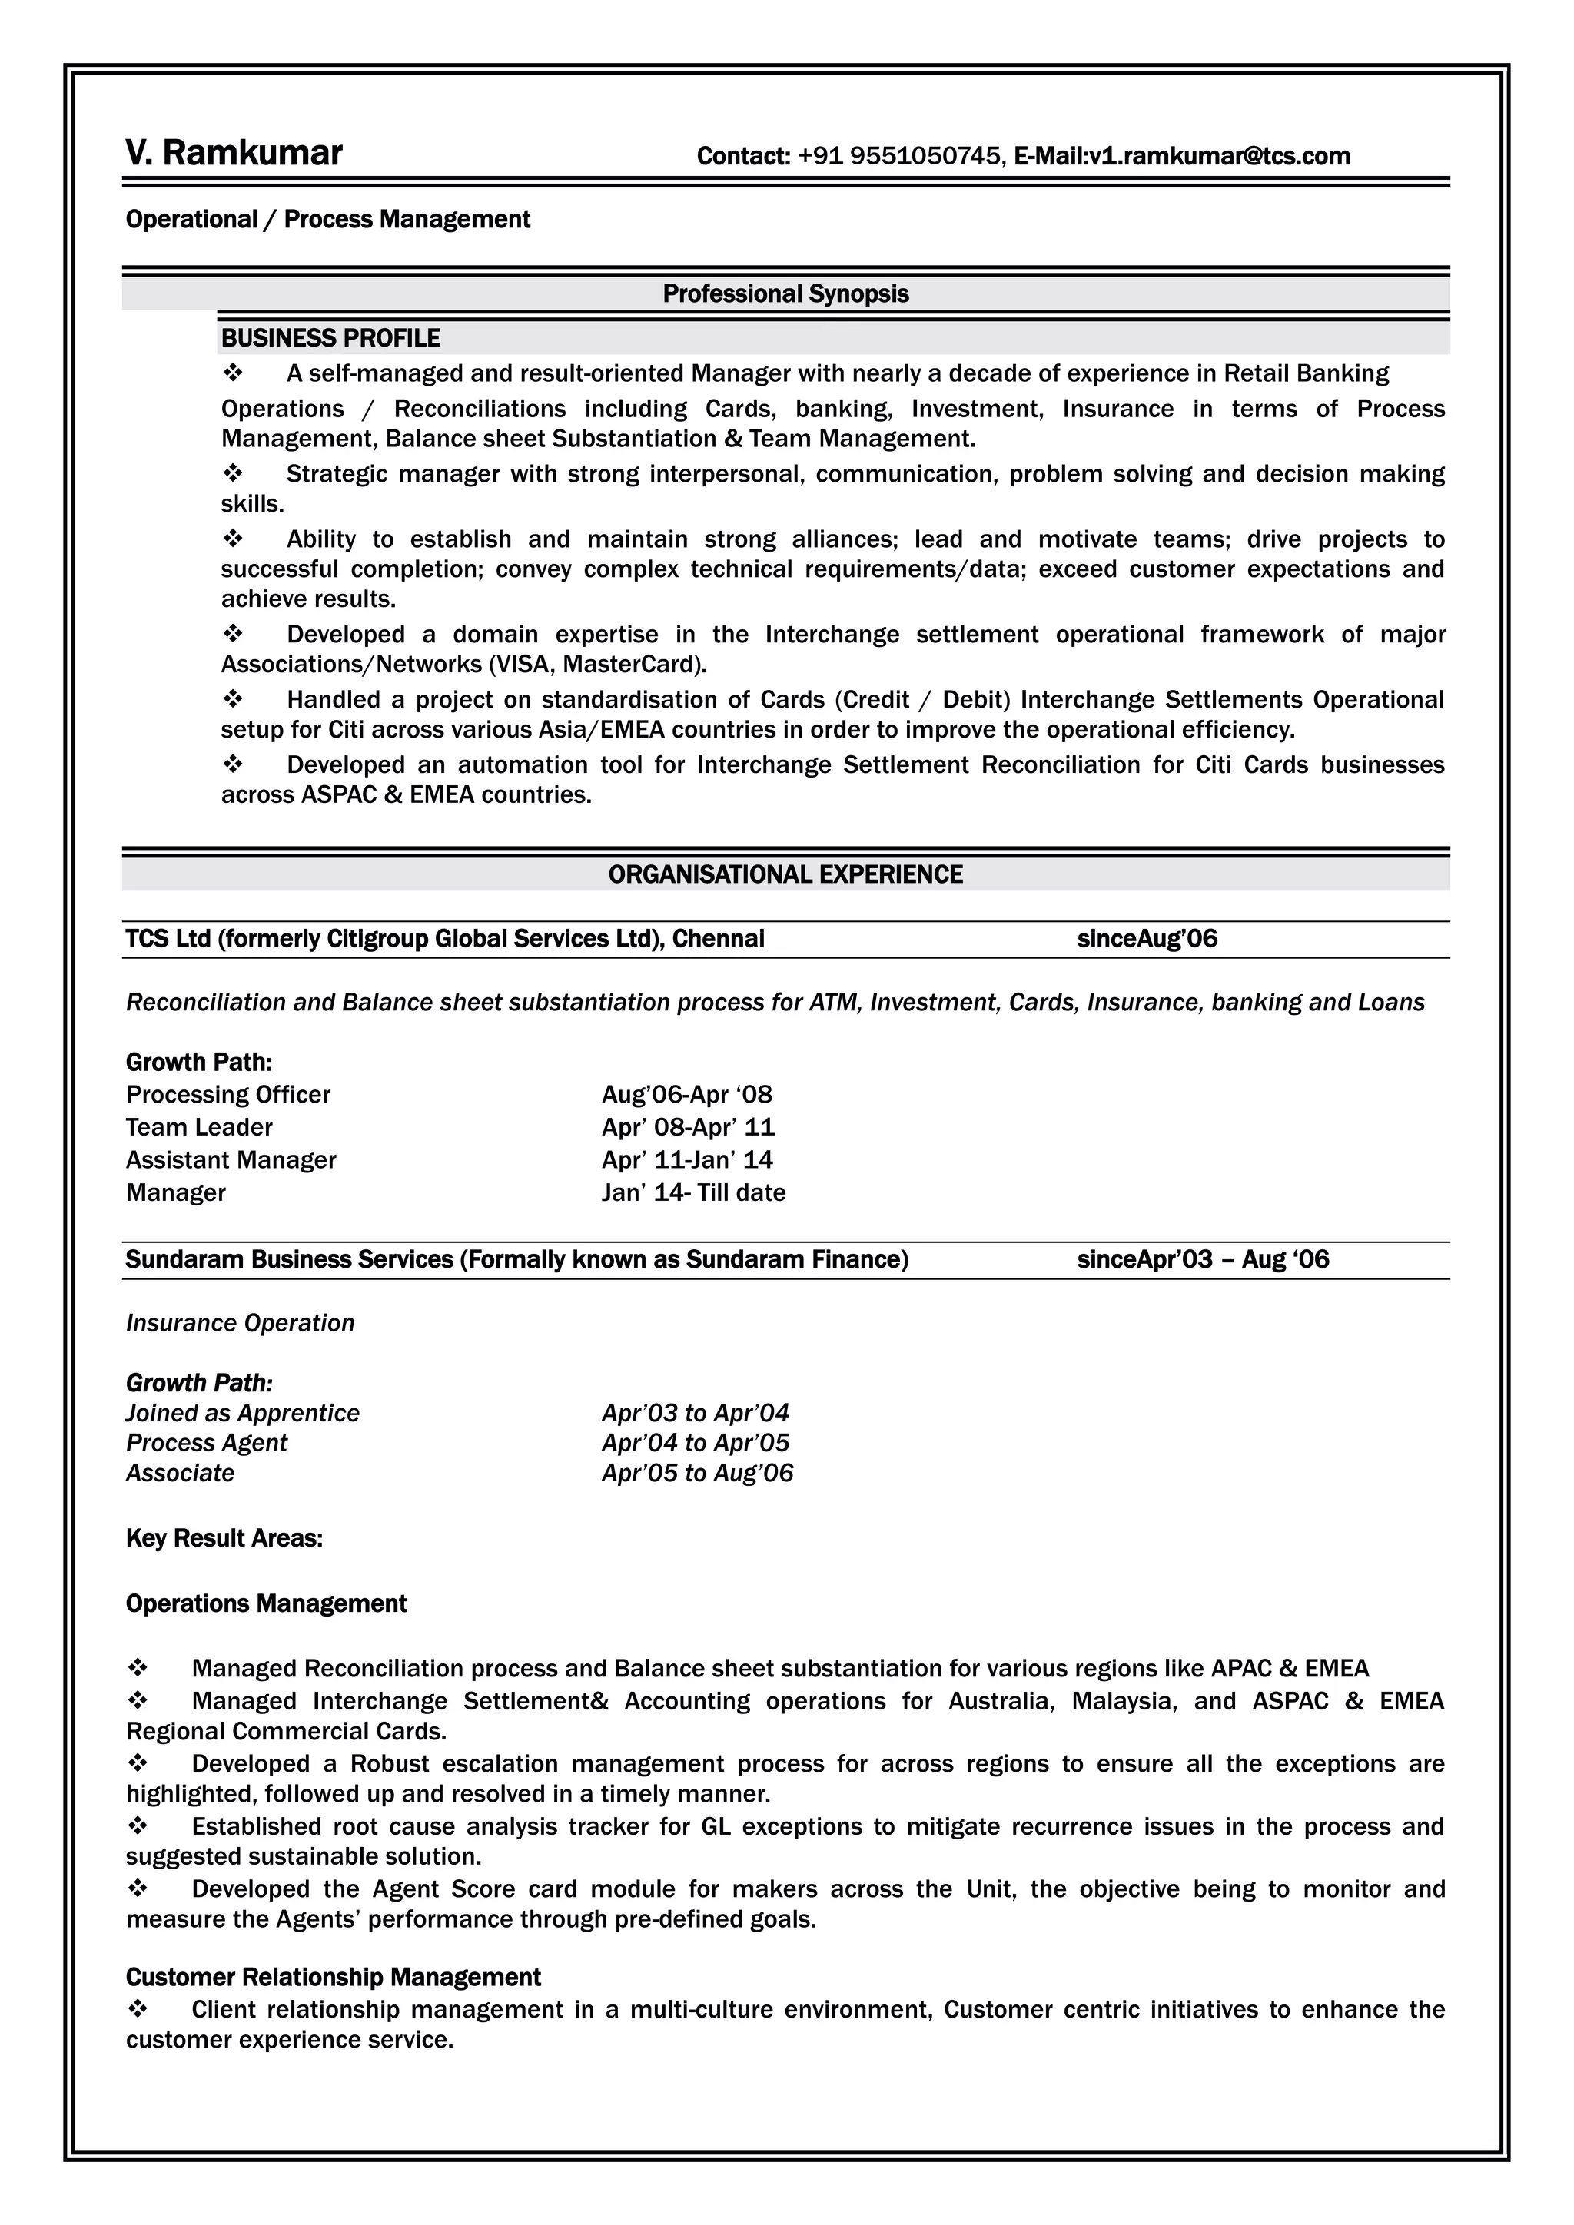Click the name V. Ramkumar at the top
(x=234, y=153)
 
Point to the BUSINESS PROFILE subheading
(x=330, y=338)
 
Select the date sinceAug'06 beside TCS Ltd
(x=1147, y=938)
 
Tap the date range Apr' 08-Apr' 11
(x=688, y=1127)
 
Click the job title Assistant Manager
(x=231, y=1160)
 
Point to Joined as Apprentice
(x=242, y=1413)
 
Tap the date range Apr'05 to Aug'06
(x=697, y=1473)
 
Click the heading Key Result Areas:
(x=224, y=1538)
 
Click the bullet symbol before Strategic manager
(x=233, y=473)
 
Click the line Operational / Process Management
(x=327, y=219)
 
